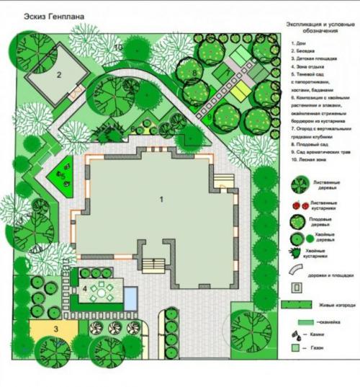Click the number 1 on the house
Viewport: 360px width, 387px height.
click(x=161, y=197)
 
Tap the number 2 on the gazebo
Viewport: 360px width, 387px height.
click(x=60, y=74)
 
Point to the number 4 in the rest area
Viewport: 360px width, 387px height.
click(x=85, y=289)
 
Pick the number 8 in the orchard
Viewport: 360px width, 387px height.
click(x=194, y=74)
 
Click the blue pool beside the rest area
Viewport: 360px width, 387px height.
click(x=130, y=296)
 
